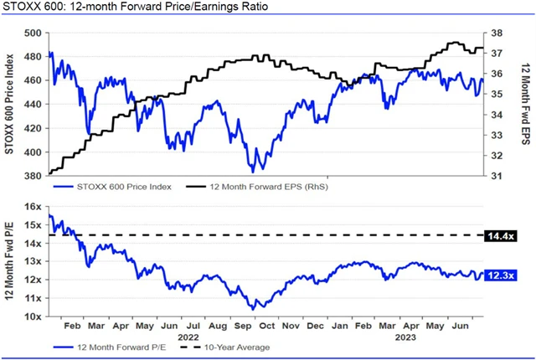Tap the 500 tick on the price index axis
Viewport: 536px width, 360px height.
[31, 33]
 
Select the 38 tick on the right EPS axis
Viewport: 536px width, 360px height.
[497, 33]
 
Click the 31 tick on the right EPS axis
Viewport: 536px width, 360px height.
[497, 177]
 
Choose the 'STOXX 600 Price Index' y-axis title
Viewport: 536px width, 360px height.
[10, 105]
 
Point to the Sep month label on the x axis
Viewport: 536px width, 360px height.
[242, 327]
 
